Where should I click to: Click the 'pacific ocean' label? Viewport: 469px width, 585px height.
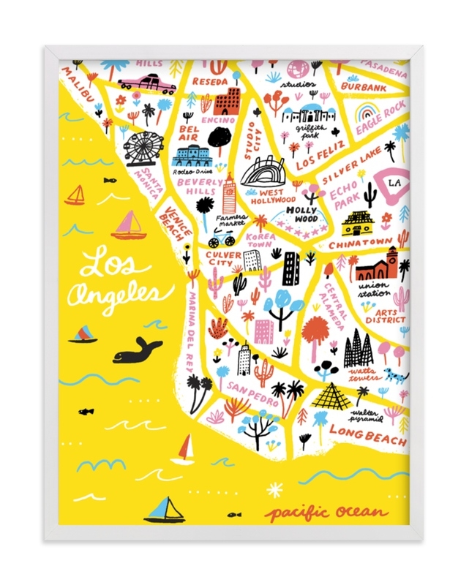point(326,513)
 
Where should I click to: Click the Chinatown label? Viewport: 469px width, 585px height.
point(365,243)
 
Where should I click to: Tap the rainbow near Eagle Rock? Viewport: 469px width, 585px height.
point(364,115)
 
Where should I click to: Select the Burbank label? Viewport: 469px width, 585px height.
point(364,88)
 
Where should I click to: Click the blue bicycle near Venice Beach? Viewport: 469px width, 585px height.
point(221,238)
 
